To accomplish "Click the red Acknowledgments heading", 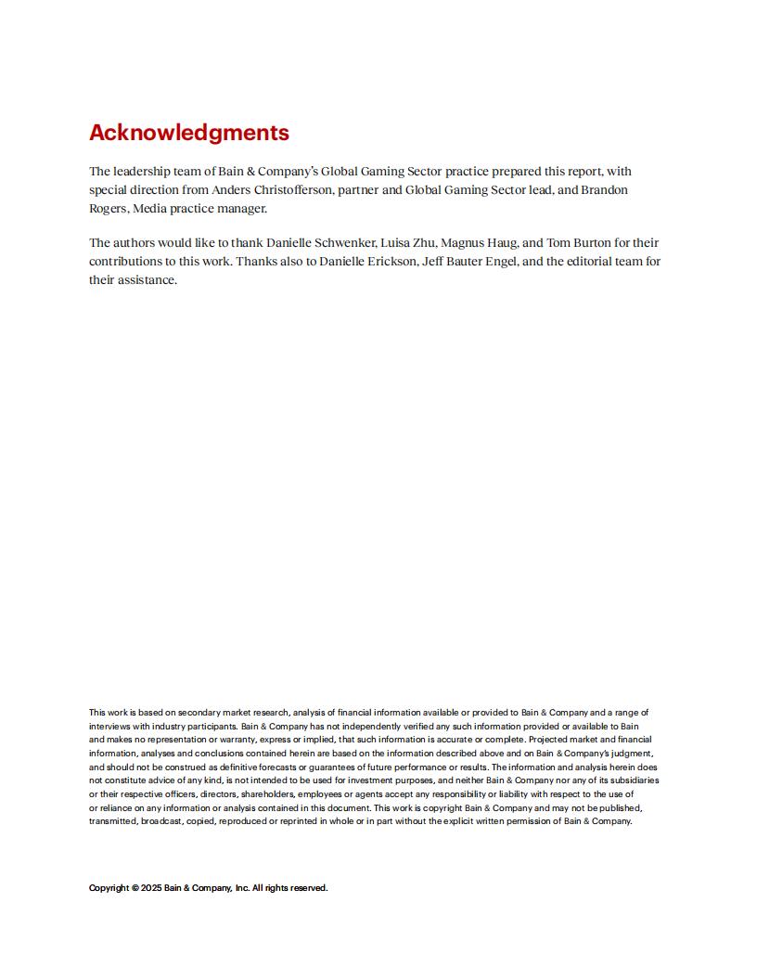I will coord(189,133).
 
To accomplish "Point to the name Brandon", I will coord(605,190).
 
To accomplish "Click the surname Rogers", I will coord(109,209).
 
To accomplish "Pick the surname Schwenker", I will coord(344,243).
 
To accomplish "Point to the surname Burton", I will coord(589,243).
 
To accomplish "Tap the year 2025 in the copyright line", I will coord(151,888).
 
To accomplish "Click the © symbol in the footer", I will coord(135,888).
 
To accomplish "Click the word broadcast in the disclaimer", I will coord(161,821).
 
